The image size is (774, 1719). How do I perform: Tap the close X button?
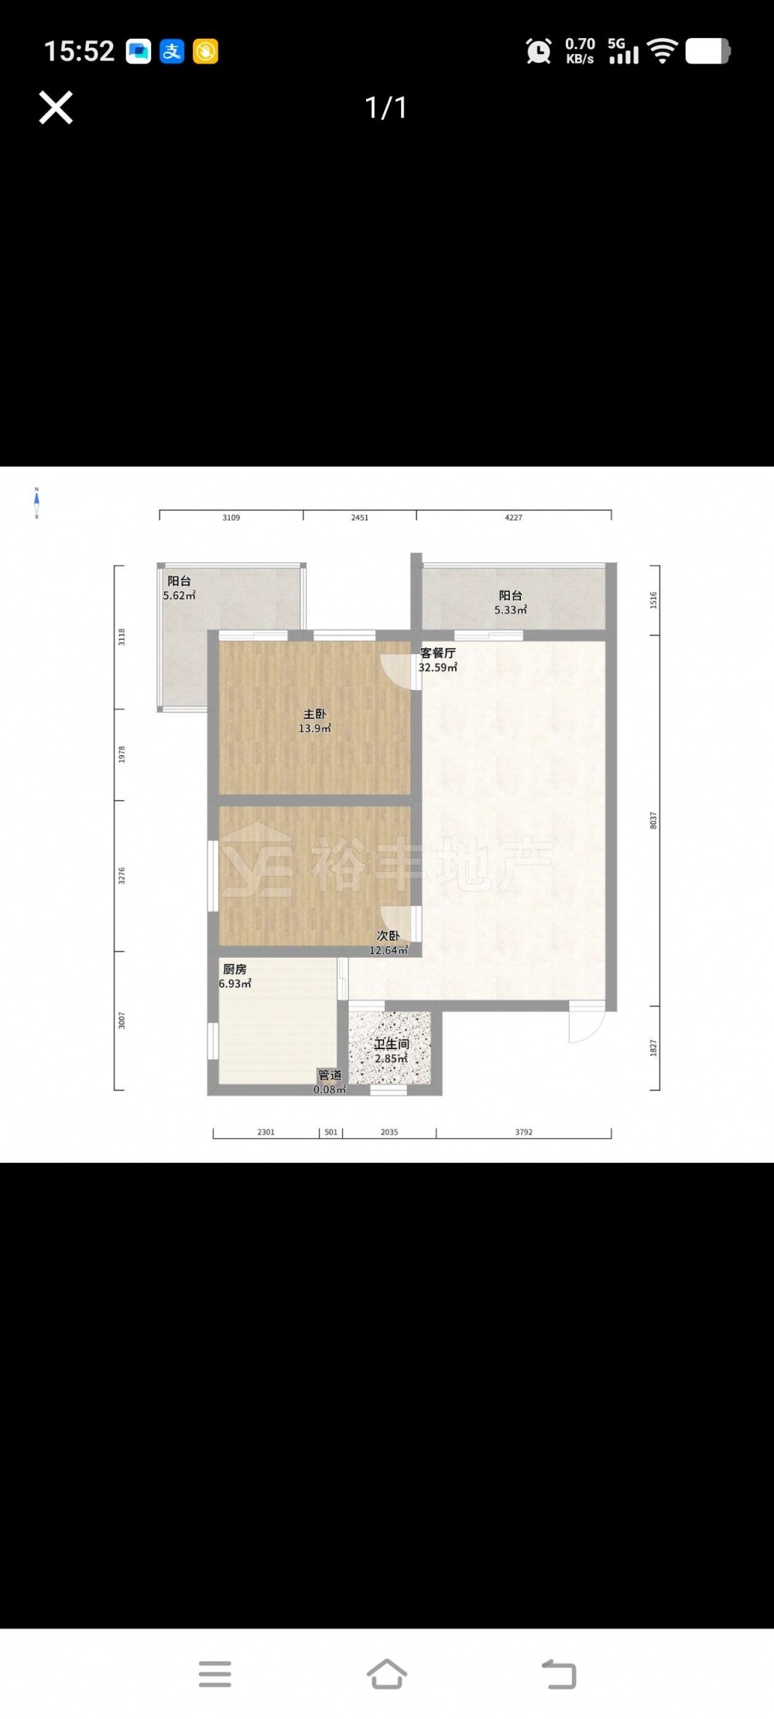click(x=56, y=108)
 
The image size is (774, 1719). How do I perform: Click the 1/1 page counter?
click(x=385, y=108)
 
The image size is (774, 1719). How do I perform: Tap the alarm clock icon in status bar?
click(x=539, y=51)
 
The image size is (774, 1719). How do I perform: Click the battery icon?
click(x=707, y=51)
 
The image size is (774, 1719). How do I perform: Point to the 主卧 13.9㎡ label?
click(x=315, y=721)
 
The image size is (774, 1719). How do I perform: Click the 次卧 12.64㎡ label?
click(x=388, y=943)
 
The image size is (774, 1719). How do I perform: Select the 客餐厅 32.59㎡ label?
click(x=438, y=660)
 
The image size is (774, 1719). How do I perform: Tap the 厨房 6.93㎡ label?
click(x=235, y=976)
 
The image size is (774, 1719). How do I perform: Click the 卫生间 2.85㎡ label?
click(x=391, y=1051)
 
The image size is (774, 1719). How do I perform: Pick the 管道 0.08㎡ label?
click(x=330, y=1082)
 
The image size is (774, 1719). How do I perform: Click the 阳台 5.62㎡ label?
click(x=179, y=588)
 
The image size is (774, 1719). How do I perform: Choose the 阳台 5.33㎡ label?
click(x=511, y=603)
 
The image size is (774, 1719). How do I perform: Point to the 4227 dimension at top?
click(x=513, y=518)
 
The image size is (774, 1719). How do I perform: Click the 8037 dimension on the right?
click(x=653, y=821)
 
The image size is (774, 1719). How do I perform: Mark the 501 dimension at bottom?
click(x=331, y=1132)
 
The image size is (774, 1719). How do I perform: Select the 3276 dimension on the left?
click(x=122, y=876)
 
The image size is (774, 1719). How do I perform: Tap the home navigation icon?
click(x=386, y=1674)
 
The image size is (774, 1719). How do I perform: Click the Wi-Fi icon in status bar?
click(x=663, y=51)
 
